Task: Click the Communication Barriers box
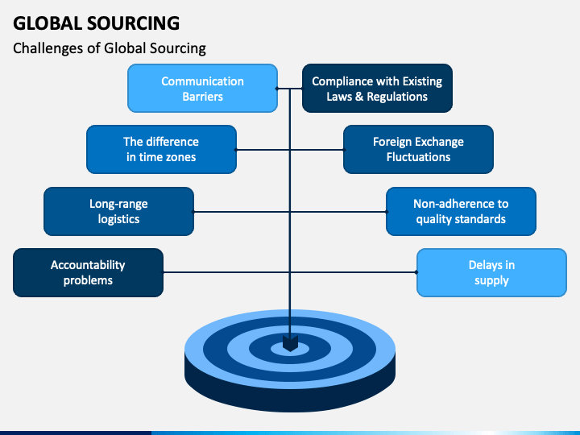click(x=202, y=88)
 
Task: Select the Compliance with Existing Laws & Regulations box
click(x=377, y=88)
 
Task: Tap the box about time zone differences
click(x=161, y=150)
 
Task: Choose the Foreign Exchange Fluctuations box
click(x=418, y=150)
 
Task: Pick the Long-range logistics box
click(x=118, y=211)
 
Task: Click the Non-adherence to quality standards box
click(x=461, y=211)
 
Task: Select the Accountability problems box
click(x=88, y=272)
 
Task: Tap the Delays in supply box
click(x=491, y=272)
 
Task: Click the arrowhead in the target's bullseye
click(x=290, y=344)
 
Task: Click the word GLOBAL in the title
click(x=48, y=23)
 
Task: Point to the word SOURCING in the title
click(x=134, y=23)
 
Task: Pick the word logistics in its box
click(x=118, y=219)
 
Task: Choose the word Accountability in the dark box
click(x=88, y=265)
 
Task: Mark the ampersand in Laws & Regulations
click(x=359, y=97)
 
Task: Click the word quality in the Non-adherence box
click(x=434, y=220)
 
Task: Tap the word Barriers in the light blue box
click(x=203, y=97)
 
